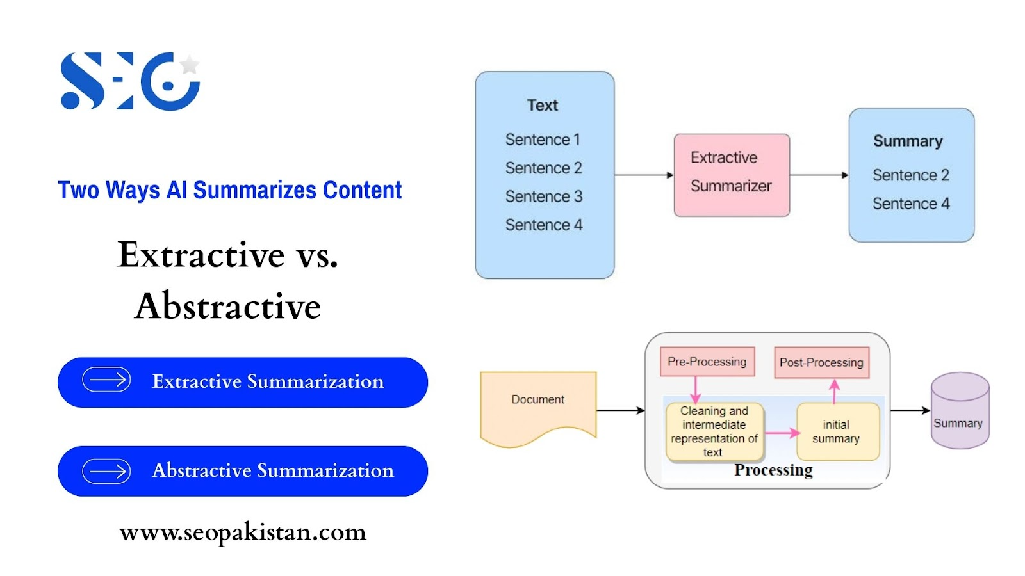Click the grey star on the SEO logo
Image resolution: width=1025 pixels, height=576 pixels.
click(x=190, y=65)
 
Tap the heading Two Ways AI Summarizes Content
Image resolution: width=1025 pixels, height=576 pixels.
click(x=230, y=189)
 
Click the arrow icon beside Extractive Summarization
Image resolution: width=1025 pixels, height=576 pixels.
click(x=106, y=380)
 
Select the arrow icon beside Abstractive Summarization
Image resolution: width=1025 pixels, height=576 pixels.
click(x=106, y=471)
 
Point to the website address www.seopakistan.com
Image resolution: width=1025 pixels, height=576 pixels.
click(x=243, y=532)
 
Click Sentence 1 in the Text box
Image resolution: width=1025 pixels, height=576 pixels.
click(x=543, y=140)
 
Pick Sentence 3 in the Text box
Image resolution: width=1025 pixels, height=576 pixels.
click(x=544, y=196)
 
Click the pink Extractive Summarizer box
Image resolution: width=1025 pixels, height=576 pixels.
click(x=732, y=175)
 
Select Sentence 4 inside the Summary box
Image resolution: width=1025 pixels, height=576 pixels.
click(x=911, y=204)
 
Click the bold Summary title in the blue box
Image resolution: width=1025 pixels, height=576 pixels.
click(x=908, y=141)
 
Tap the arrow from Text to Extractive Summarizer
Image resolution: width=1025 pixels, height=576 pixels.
click(x=644, y=175)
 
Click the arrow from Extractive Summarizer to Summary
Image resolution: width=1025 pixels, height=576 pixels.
click(x=819, y=175)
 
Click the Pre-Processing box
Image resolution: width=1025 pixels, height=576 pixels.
click(x=707, y=362)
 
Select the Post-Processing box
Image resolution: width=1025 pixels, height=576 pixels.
click(x=822, y=362)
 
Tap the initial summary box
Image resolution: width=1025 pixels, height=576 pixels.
click(x=838, y=431)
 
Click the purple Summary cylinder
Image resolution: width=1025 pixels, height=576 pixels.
click(x=960, y=410)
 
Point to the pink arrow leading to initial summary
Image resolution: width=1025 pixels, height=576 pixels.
click(x=782, y=433)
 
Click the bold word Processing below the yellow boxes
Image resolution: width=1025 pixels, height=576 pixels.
click(x=773, y=470)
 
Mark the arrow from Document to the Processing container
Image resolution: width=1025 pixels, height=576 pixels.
click(x=621, y=410)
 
